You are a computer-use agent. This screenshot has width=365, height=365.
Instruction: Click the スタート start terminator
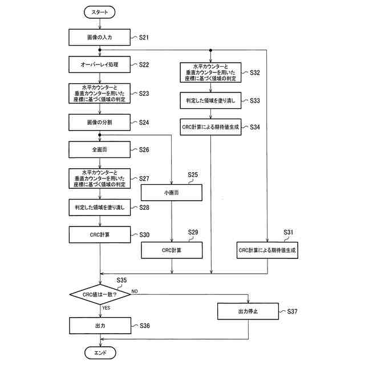click(x=100, y=11)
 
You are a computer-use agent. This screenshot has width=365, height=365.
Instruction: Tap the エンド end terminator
click(x=100, y=354)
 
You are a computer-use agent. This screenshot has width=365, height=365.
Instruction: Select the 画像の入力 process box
click(x=100, y=38)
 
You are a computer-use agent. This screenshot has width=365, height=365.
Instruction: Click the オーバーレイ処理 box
click(x=100, y=64)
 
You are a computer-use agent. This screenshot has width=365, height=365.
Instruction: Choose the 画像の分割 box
click(x=100, y=121)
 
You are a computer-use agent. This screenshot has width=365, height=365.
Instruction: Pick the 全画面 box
click(x=100, y=149)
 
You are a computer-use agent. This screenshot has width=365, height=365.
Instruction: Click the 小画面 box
click(x=172, y=193)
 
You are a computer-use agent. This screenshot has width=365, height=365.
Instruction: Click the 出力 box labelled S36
click(x=100, y=326)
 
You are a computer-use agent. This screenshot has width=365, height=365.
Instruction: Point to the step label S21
click(x=144, y=38)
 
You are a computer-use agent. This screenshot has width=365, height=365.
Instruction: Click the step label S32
click(x=255, y=73)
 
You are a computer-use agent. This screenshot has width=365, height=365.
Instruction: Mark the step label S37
click(x=292, y=311)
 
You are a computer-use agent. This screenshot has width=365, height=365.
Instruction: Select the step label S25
click(x=193, y=175)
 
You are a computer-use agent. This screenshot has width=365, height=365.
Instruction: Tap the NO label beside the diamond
click(x=135, y=291)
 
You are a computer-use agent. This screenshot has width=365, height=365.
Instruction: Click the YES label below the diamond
click(x=106, y=308)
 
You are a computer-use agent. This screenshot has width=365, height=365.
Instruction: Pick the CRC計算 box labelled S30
click(x=100, y=234)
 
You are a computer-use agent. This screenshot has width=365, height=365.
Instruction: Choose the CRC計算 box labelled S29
click(x=172, y=250)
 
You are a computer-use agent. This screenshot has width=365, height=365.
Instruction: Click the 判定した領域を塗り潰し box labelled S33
click(x=211, y=100)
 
